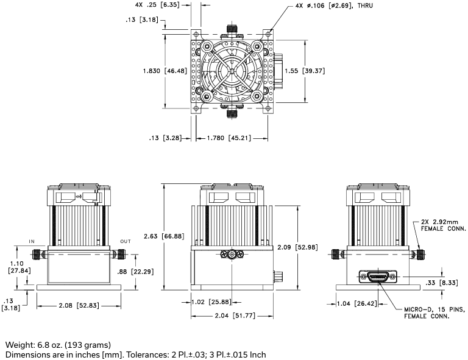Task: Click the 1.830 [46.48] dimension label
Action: [x=165, y=71]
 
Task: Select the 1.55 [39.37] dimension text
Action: [x=305, y=71]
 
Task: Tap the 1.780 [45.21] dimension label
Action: [x=229, y=138]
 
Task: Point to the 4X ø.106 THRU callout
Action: [x=334, y=5]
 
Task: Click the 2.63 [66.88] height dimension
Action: [x=164, y=236]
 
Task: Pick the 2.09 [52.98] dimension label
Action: [x=297, y=247]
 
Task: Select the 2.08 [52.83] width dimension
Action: [x=79, y=306]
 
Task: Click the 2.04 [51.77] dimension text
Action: [x=235, y=316]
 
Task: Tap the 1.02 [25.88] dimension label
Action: [x=211, y=302]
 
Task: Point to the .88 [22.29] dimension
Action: [x=135, y=272]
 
